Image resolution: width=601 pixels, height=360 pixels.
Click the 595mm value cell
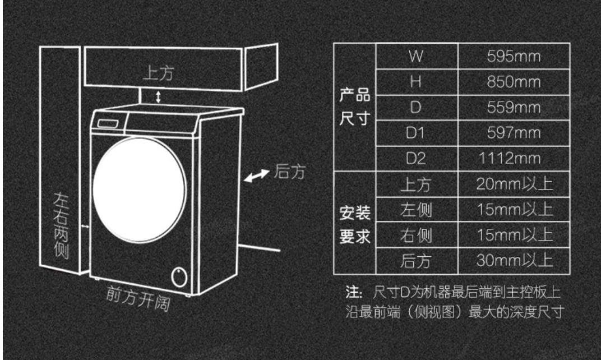(x=514, y=57)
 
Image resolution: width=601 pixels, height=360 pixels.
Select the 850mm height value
(x=514, y=82)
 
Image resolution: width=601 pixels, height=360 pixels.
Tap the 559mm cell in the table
(x=514, y=108)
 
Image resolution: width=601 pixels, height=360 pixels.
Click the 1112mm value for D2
(x=514, y=159)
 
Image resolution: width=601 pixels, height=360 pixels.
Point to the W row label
(x=416, y=57)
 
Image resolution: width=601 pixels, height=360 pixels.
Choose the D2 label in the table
(x=416, y=159)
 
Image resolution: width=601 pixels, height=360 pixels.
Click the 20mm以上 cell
(x=514, y=184)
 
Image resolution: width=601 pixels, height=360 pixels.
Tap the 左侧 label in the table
(x=416, y=210)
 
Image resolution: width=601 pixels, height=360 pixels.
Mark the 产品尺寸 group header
(x=354, y=108)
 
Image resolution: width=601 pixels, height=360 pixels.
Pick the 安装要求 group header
(x=354, y=223)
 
